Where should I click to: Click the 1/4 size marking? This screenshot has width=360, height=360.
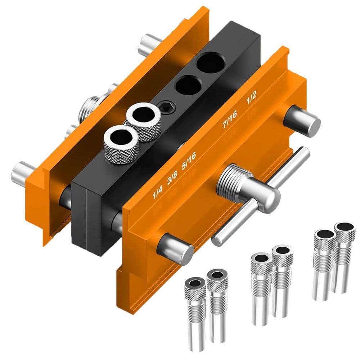click(x=158, y=194)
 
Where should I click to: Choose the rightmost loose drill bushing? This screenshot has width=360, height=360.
click(x=344, y=252)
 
